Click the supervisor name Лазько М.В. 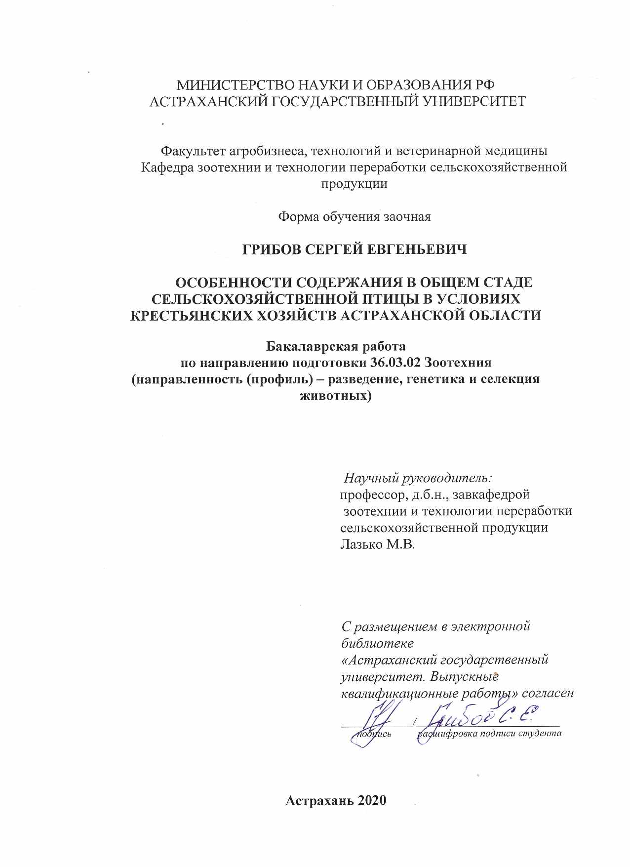[378, 544]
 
